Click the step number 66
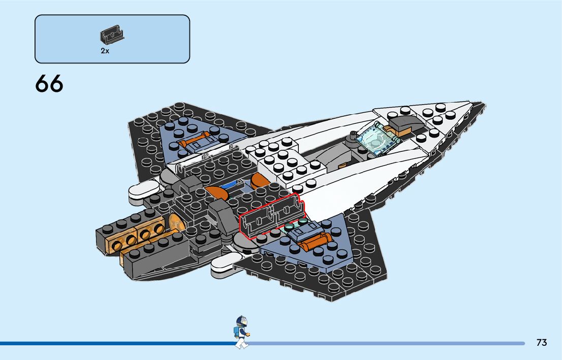click(x=49, y=84)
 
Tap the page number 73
click(x=541, y=343)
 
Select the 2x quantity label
click(x=105, y=51)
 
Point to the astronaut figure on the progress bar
click(x=241, y=333)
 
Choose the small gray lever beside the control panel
click(x=352, y=136)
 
